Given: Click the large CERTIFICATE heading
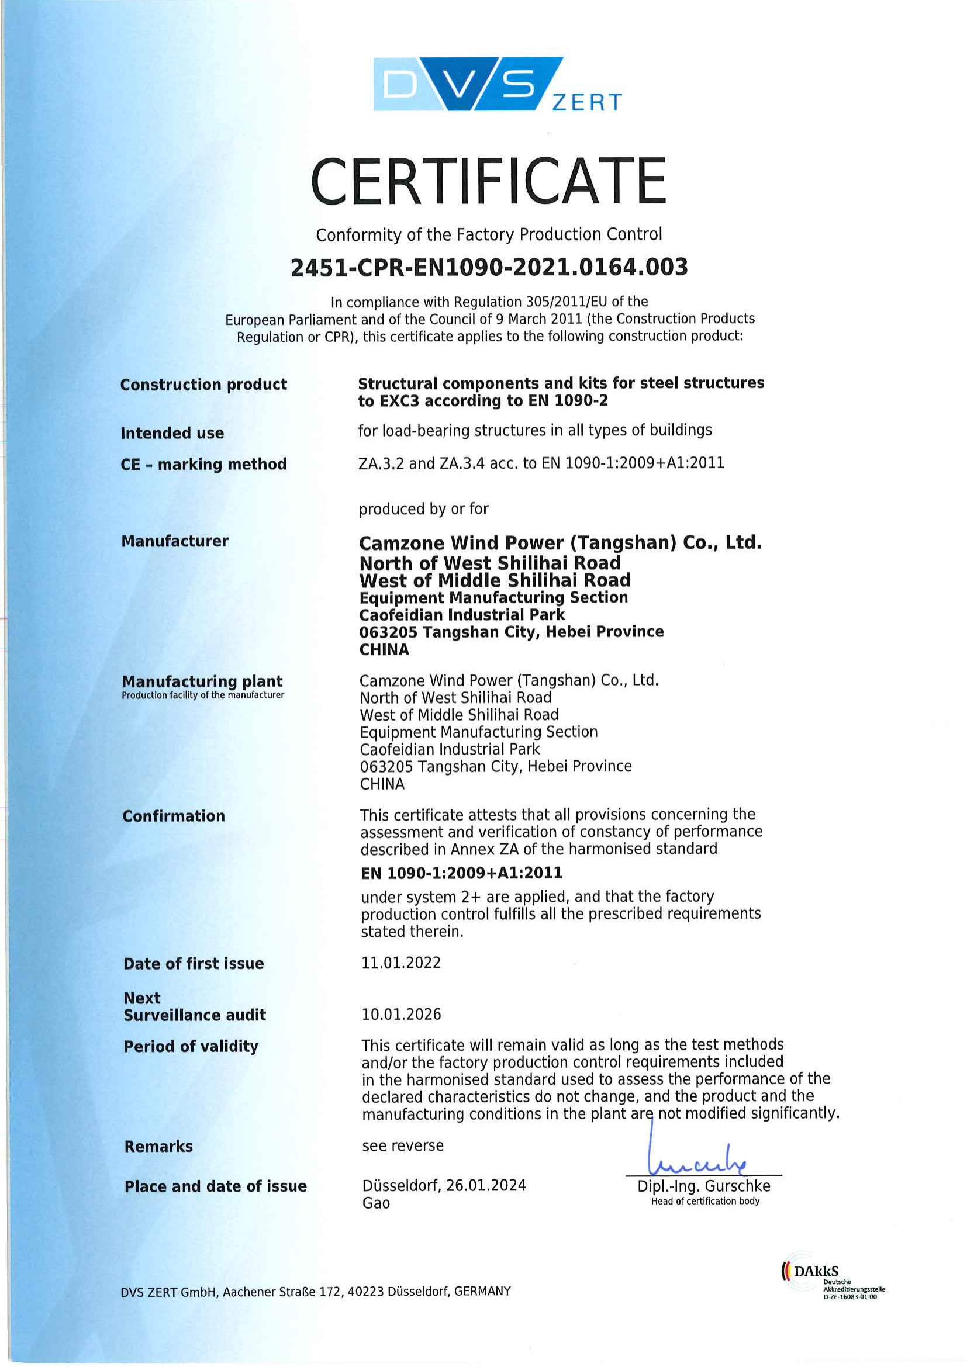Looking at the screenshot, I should (x=488, y=181).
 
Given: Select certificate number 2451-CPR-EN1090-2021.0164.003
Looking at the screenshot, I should (x=489, y=267).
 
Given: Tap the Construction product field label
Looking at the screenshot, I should (x=203, y=385).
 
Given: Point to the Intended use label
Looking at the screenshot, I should (x=172, y=433).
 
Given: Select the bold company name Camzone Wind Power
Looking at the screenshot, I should (x=560, y=543).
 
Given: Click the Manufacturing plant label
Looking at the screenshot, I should (x=202, y=681).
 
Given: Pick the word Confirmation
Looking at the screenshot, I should (x=173, y=816).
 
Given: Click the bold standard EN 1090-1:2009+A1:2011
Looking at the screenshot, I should (x=461, y=873).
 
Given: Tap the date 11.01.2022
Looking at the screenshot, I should (x=400, y=963).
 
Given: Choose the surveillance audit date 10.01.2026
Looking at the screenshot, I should (x=401, y=1014).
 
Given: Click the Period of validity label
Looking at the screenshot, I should (x=191, y=1046).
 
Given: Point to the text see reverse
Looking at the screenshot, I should (x=402, y=1145).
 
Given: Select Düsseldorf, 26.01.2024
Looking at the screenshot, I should (x=444, y=1185).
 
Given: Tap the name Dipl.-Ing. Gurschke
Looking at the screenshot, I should (x=703, y=1186).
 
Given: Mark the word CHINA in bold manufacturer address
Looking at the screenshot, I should (x=384, y=649).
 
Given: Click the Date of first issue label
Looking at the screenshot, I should (x=193, y=963).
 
